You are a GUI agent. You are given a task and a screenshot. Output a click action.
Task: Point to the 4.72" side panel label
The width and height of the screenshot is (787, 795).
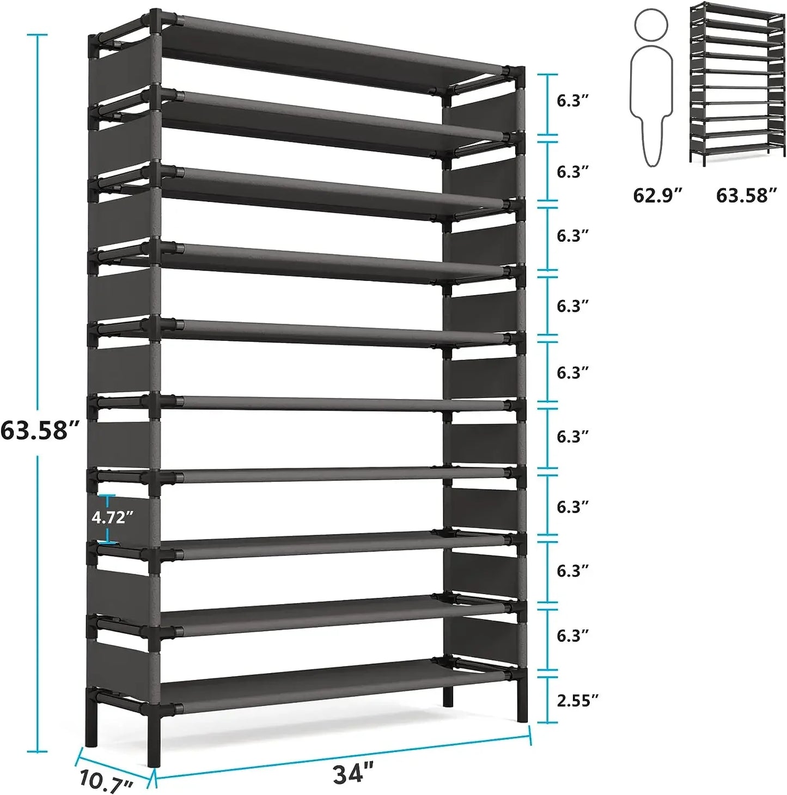pos(112,517)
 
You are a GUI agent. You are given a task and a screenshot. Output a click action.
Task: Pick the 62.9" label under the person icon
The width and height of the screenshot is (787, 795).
pos(657,195)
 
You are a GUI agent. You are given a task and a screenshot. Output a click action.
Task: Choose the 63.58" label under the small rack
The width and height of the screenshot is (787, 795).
pos(746,195)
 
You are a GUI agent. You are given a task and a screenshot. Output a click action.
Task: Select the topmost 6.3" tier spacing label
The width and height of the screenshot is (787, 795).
pos(572,101)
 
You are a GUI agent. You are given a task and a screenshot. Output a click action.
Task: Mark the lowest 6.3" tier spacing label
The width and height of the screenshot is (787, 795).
pos(572,635)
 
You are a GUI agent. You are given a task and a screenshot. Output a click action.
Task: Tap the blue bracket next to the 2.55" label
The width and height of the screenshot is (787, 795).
pos(548,700)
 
